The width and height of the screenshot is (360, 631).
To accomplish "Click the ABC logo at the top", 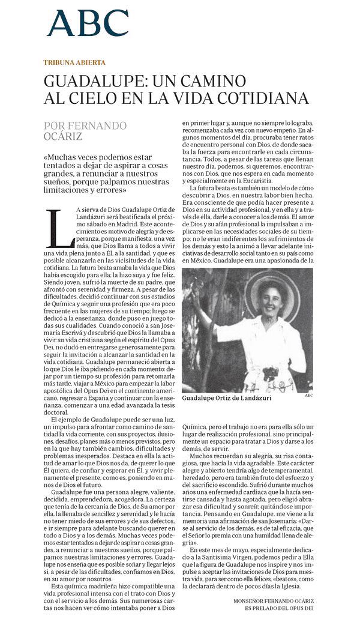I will tap(88, 23).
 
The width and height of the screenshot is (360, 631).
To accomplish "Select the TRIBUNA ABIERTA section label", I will tap(74, 62).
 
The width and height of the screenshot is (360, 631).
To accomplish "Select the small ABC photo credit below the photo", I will tap(308, 396).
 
